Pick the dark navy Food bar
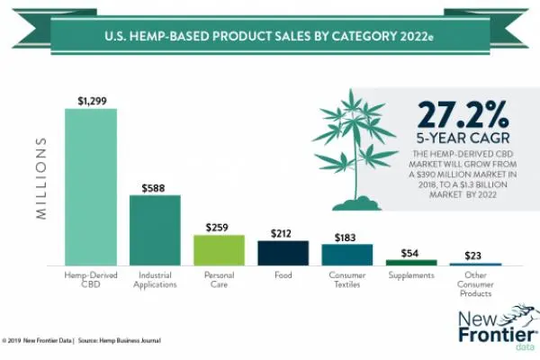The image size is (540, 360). tap(283, 253)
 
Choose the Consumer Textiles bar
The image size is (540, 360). tap(346, 255)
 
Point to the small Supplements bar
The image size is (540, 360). tap(410, 262)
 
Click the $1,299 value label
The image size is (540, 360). tap(91, 101)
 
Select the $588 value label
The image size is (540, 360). tap(155, 187)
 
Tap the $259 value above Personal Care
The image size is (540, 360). tap(219, 227)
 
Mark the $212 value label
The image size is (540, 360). tap(283, 233)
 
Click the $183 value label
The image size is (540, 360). tap(346, 237)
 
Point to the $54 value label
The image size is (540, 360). tap(410, 253)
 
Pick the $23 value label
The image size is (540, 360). tap(474, 256)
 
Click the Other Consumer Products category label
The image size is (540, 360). tap(474, 283)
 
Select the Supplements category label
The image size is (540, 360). tap(410, 274)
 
